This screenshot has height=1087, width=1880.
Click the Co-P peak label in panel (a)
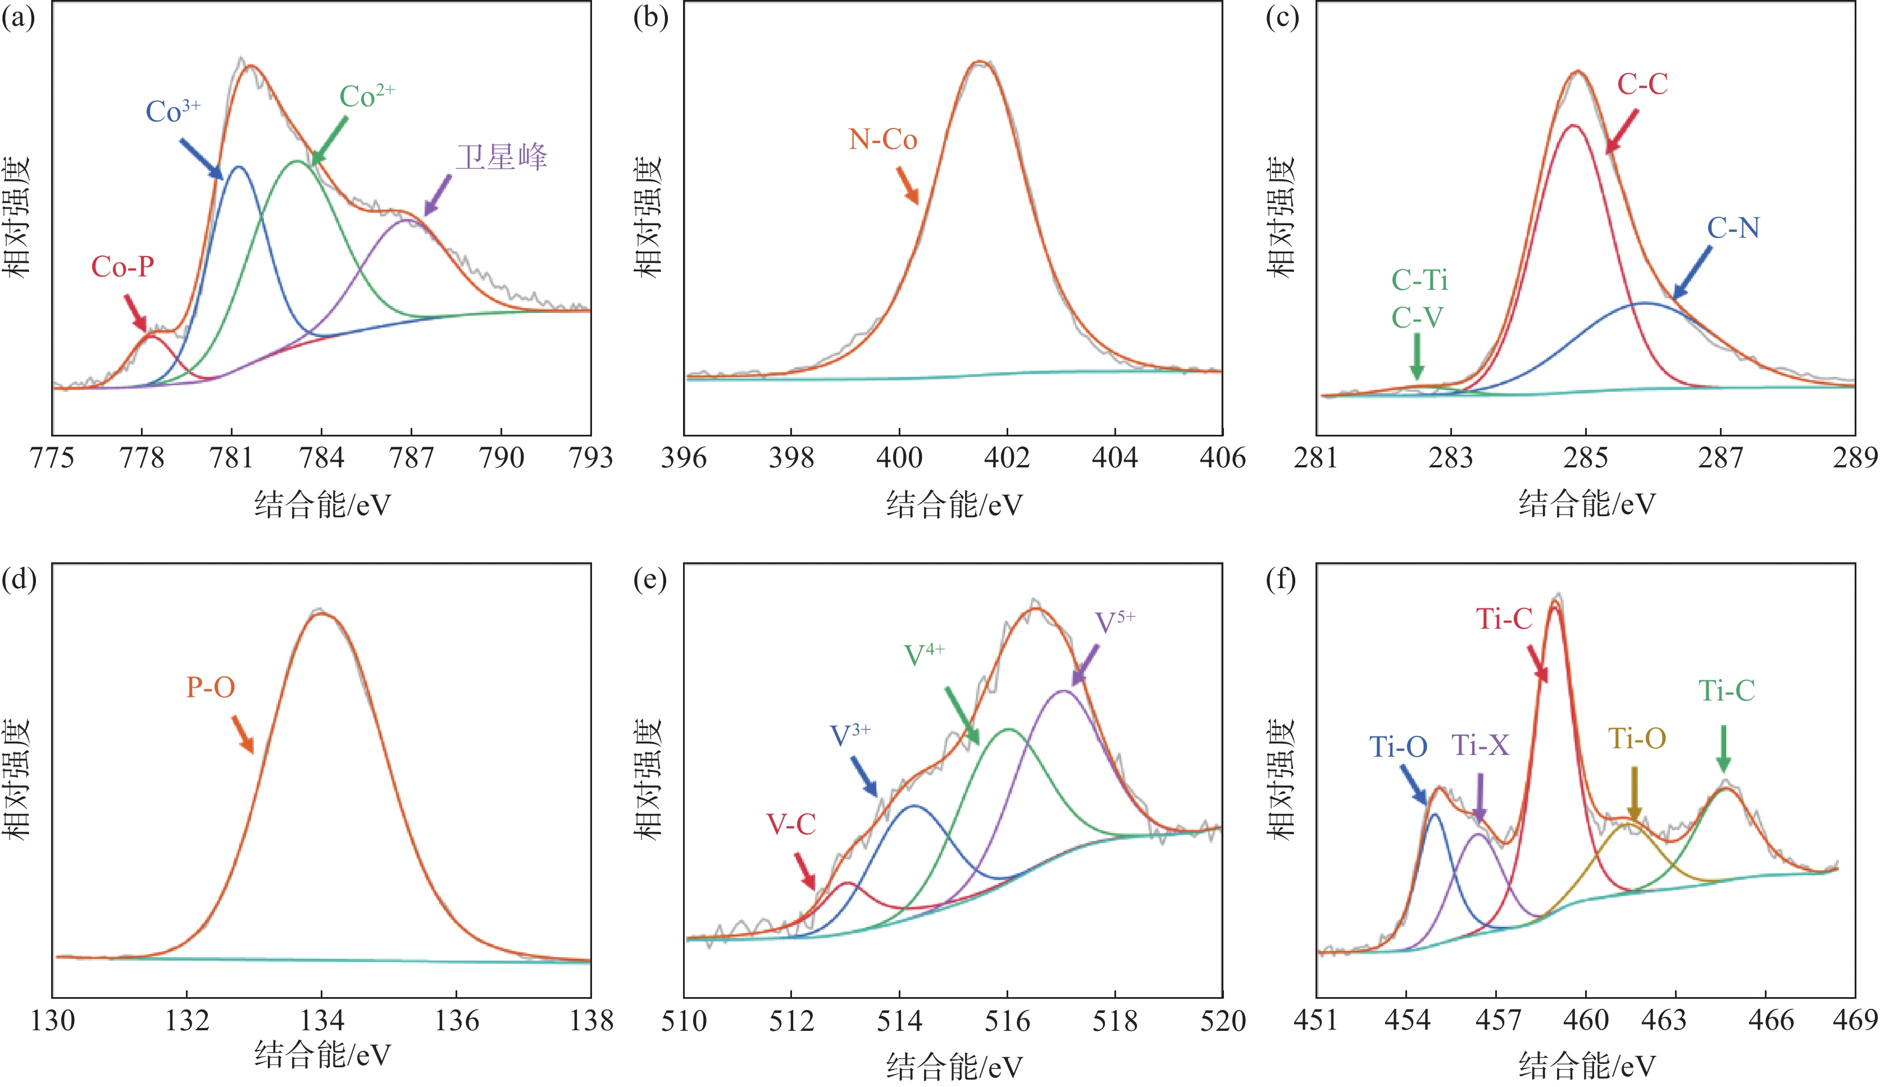point(122,267)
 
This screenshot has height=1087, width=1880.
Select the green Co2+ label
point(366,96)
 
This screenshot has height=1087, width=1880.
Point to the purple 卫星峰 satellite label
point(502,157)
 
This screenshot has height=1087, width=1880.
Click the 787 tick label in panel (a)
point(411,457)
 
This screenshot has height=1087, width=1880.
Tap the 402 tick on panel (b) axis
point(1007,457)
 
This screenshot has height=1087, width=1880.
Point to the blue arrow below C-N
point(1692,272)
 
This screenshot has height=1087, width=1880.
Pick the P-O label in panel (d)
point(211,687)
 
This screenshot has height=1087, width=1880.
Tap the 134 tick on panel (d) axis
point(321,1020)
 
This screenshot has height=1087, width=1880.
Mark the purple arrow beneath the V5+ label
point(1085,665)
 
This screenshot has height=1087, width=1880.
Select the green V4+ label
point(923,654)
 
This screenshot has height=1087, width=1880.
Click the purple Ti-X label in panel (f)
point(1480,744)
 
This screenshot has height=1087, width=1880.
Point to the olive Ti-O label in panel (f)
point(1637,739)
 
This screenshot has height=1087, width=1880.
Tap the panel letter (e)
point(650,579)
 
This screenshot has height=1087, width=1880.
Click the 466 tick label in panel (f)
point(1765,1020)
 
